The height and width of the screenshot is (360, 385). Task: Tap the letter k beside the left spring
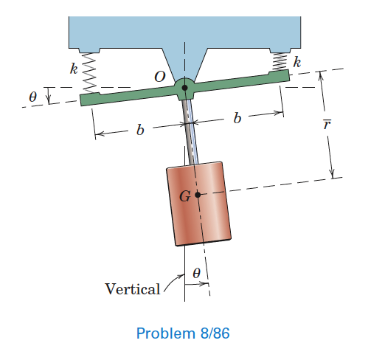click(x=74, y=69)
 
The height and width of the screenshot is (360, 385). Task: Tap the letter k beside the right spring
click(x=296, y=62)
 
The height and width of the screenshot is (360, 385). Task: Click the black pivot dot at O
click(x=184, y=88)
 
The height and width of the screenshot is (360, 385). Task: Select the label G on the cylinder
click(x=184, y=196)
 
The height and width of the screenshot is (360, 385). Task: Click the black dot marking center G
click(x=197, y=195)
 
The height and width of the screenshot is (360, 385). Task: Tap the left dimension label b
click(x=140, y=130)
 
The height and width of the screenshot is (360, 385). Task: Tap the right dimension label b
click(x=236, y=118)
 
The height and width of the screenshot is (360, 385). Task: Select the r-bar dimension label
click(x=327, y=124)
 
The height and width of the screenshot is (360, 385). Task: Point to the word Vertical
click(x=133, y=288)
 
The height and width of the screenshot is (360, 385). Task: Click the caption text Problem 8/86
click(x=184, y=333)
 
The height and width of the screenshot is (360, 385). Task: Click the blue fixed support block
click(x=184, y=30)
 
